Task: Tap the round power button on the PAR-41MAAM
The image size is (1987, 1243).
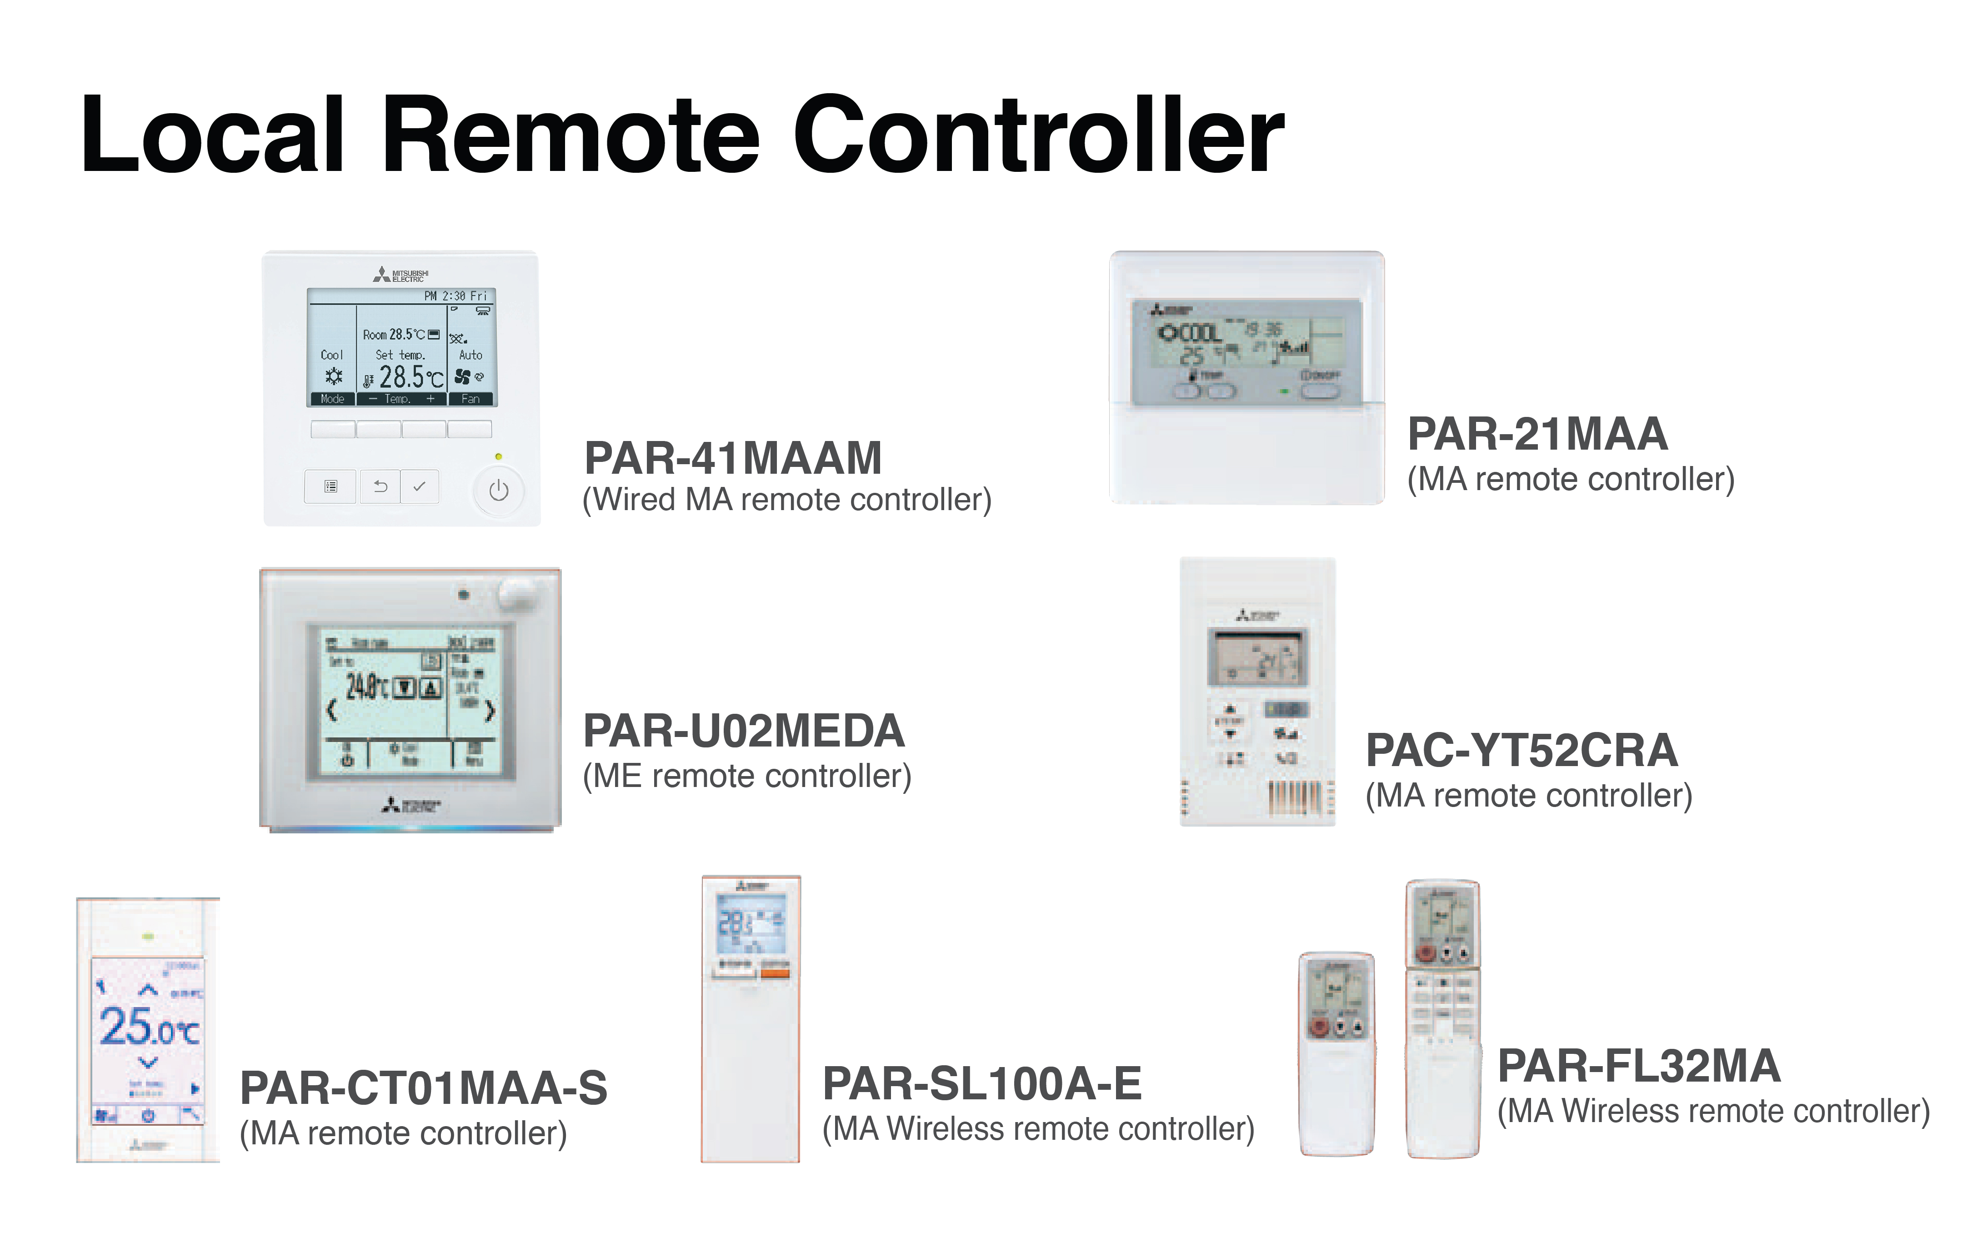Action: click(498, 491)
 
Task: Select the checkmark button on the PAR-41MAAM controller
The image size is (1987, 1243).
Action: click(419, 486)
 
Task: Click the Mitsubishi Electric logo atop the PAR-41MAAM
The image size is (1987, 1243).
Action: click(401, 275)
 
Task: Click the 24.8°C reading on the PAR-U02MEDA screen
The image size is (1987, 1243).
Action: click(365, 687)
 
